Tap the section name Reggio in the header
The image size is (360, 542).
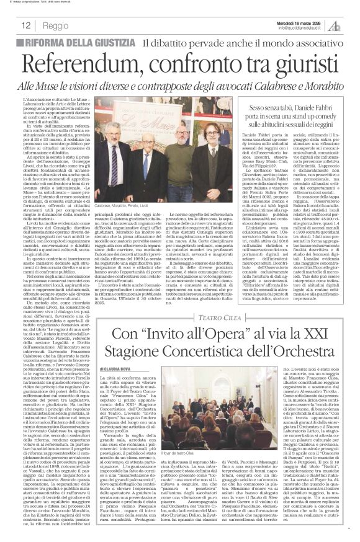tap(56, 25)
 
